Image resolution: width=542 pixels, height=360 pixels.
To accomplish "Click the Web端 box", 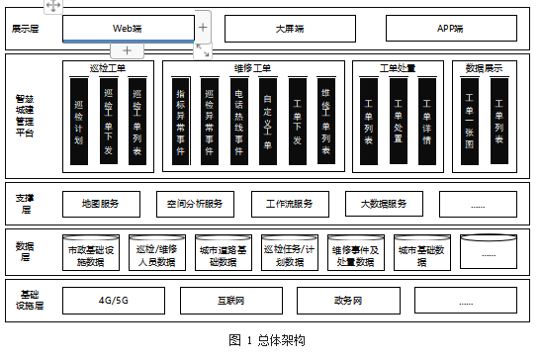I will click(x=129, y=28).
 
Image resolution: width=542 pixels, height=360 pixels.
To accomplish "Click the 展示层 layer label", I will click(x=26, y=29).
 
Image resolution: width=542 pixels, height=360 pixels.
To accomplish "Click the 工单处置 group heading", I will click(x=397, y=68).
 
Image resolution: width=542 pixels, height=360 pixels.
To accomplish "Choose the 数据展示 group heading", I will click(x=484, y=68).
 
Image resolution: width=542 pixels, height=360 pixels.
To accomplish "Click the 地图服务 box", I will click(x=102, y=204).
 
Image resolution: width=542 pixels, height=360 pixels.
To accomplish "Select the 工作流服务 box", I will click(x=290, y=204).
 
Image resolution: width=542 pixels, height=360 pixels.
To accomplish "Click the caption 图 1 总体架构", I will click(x=267, y=340).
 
